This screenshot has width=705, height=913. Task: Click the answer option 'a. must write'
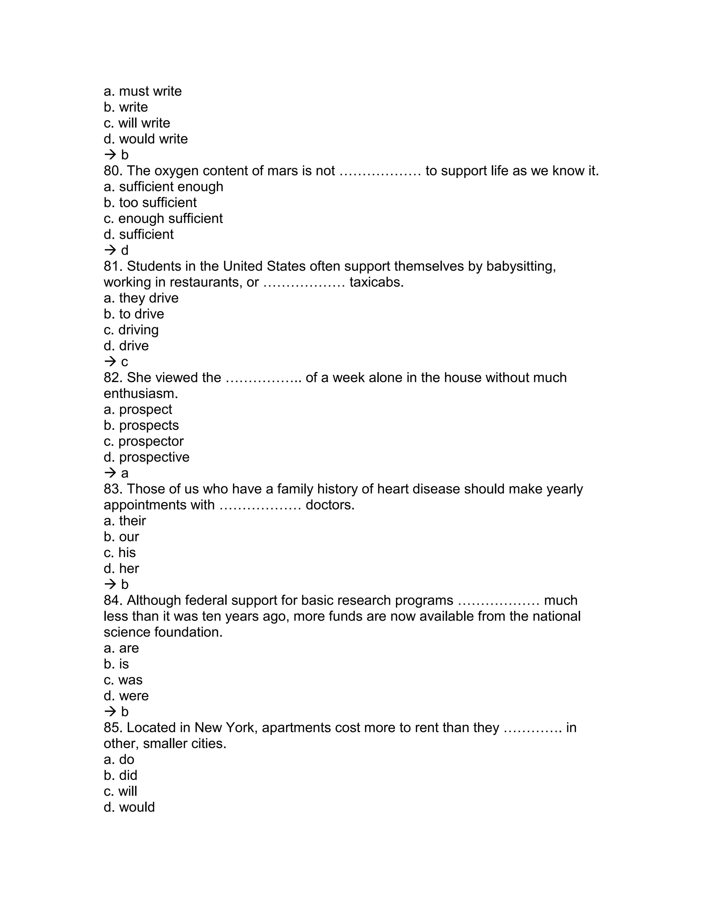click(143, 91)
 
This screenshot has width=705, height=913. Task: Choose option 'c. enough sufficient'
click(163, 219)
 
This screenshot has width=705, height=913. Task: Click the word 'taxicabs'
click(376, 282)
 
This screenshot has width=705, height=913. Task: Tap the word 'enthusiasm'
click(140, 394)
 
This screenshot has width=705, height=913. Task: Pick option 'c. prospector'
click(143, 441)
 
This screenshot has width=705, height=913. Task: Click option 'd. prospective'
click(146, 457)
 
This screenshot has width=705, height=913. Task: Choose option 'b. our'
click(121, 537)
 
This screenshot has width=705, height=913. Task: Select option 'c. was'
click(123, 680)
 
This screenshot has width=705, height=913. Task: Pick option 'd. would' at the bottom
click(129, 807)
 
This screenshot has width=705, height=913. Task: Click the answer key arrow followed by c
click(116, 362)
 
